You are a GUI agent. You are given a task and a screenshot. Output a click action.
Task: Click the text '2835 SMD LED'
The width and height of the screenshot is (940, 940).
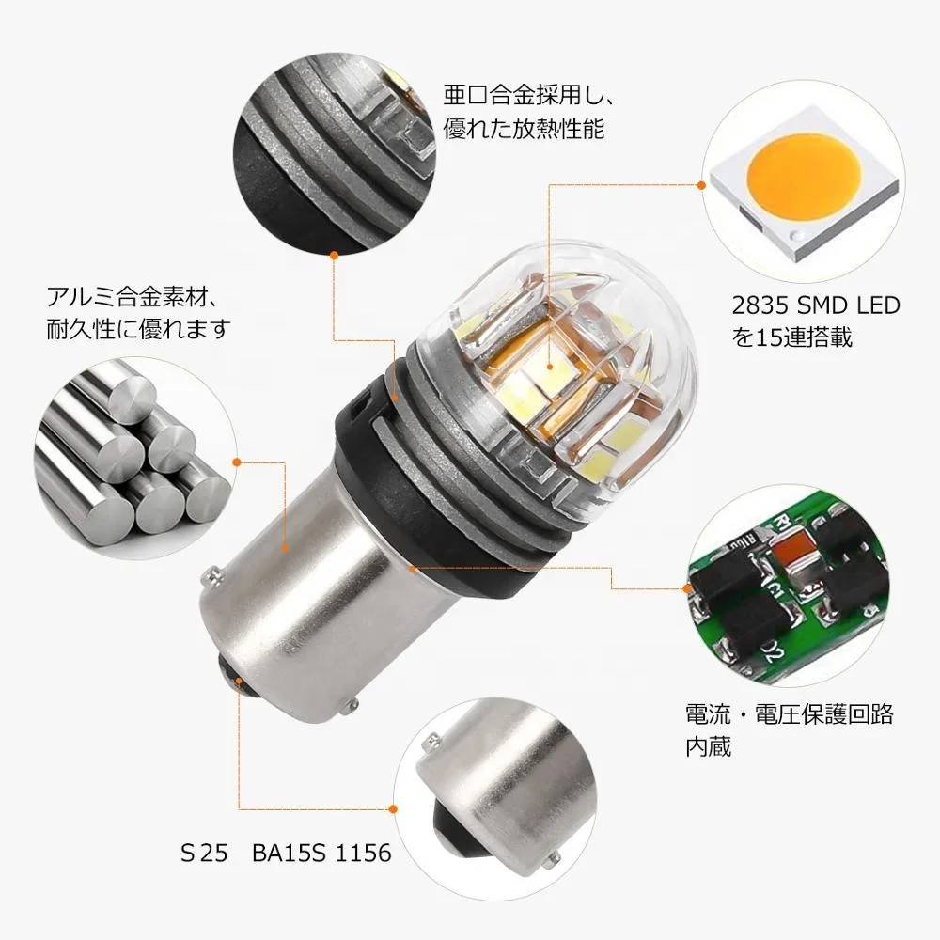[x=815, y=305]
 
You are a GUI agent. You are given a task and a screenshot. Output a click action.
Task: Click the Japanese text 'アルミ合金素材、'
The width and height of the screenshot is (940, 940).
[x=133, y=300]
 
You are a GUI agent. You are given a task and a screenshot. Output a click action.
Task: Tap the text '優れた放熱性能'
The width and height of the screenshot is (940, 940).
[x=525, y=128]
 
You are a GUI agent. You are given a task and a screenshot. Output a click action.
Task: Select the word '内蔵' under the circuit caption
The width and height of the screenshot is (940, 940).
[x=709, y=747]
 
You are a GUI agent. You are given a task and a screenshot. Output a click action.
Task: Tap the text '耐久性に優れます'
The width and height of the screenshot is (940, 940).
[x=137, y=331]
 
